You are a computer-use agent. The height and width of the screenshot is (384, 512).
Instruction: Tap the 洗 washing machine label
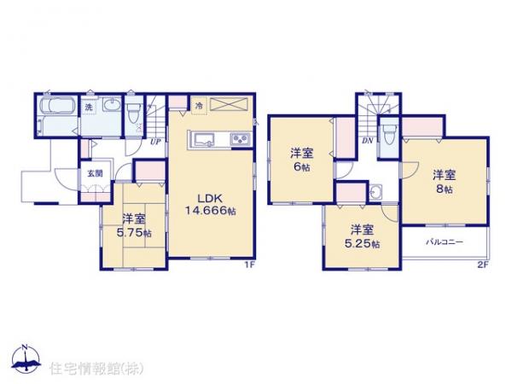[89, 108]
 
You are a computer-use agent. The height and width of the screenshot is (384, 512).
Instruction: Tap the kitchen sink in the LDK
[205, 140]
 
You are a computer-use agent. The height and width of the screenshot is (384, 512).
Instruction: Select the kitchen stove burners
[240, 140]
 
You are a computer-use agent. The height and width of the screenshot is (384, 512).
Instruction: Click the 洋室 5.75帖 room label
[134, 224]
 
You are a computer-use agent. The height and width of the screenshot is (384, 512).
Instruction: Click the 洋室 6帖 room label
[300, 160]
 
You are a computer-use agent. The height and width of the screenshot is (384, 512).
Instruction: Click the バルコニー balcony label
[445, 242]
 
